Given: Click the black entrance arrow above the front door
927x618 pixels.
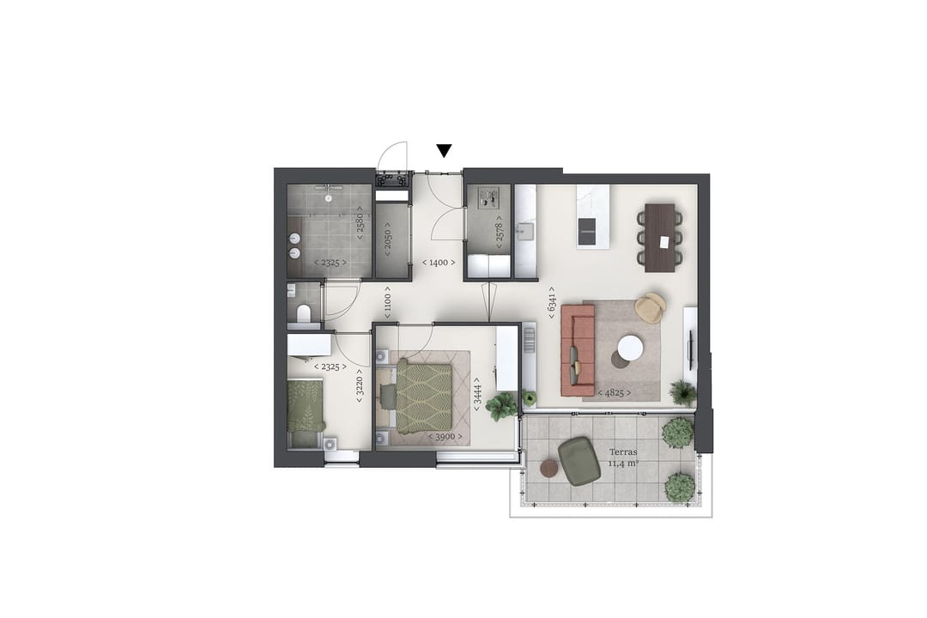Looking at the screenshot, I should [444, 151].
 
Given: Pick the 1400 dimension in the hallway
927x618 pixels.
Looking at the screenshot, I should [438, 263].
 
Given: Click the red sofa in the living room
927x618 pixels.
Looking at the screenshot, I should [578, 349].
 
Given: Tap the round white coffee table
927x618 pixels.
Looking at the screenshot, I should [630, 348].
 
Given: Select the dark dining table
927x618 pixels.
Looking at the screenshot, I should [660, 237].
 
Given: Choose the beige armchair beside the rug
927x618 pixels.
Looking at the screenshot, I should [651, 308].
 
